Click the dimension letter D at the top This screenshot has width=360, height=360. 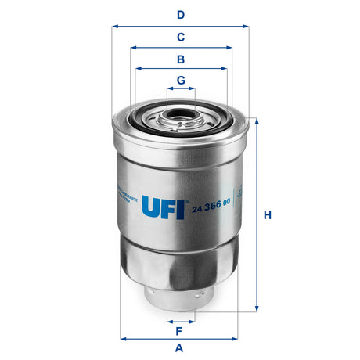click(180, 14)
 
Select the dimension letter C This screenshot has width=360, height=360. click(180, 37)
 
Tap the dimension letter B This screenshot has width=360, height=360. click(180, 59)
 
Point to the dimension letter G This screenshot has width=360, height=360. click(180, 80)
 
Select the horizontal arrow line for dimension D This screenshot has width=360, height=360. click(180, 26)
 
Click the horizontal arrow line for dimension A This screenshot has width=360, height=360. click(180, 338)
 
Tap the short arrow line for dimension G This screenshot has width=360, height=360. click(180, 90)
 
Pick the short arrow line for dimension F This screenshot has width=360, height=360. click(181, 321)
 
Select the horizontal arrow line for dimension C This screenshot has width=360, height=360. click(180, 48)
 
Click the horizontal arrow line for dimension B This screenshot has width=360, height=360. click(180, 69)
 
